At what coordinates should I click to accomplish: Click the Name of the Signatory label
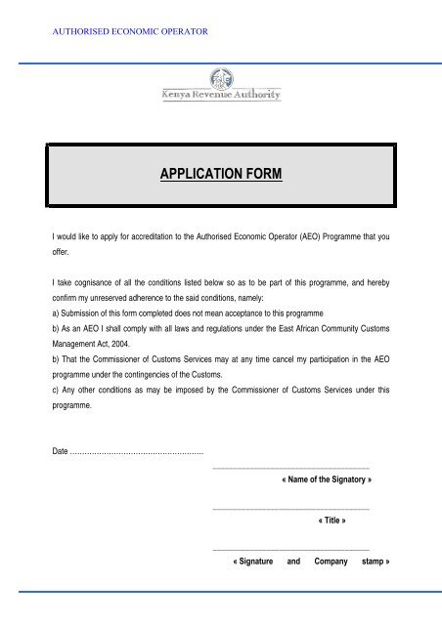(x=326, y=481)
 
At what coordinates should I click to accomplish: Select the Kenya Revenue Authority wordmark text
(x=220, y=95)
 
